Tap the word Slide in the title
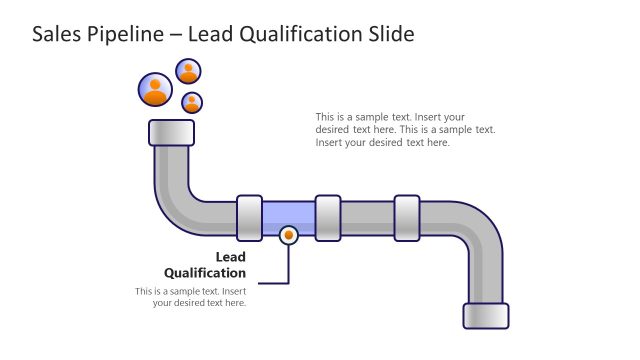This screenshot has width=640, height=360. [x=387, y=35]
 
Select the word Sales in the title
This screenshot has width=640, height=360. [x=55, y=35]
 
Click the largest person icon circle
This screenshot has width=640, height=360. [x=155, y=90]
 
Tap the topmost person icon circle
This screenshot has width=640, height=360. [x=188, y=71]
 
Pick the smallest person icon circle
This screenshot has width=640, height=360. [x=192, y=102]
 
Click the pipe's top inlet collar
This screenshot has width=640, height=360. [x=171, y=132]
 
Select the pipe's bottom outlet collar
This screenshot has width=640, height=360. [x=486, y=315]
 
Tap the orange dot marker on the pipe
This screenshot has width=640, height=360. [x=289, y=235]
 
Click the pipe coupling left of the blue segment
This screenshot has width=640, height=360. [x=249, y=218]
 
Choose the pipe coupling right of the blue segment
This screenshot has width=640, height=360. [x=328, y=218]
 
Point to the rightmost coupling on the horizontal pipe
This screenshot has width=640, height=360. [x=407, y=218]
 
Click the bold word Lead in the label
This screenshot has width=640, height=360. [x=230, y=257]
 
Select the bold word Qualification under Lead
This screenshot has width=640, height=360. [x=205, y=273]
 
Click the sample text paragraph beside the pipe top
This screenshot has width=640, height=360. [x=405, y=130]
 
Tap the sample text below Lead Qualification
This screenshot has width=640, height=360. [x=192, y=297]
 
